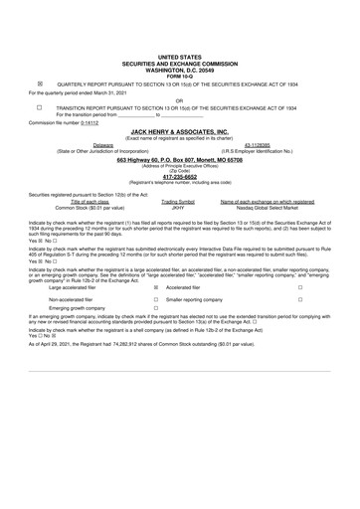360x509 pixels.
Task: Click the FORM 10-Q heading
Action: (179, 75)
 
